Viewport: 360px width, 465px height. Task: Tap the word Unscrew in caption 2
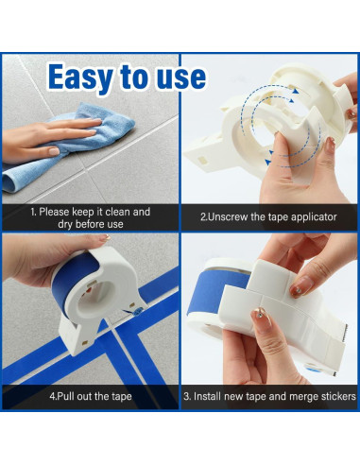click(235, 217)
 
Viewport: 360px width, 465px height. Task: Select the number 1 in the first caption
click(33, 212)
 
